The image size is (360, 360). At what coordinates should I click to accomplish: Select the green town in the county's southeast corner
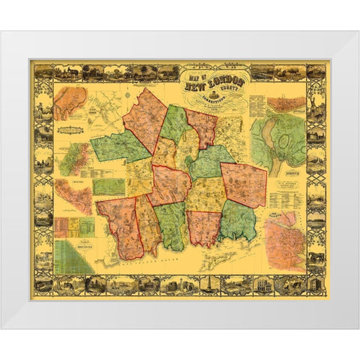click(238, 220)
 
